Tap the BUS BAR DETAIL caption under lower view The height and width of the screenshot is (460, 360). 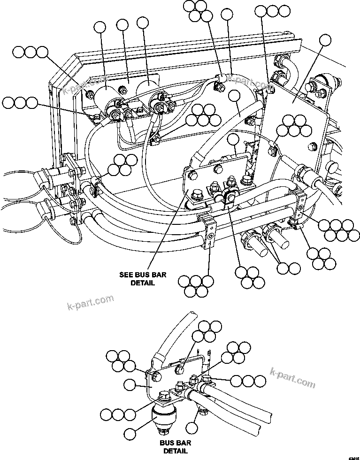[x=176, y=446]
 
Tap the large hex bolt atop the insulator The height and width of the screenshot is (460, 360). [x=165, y=397]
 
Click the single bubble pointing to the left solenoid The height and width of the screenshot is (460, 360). [x=101, y=29]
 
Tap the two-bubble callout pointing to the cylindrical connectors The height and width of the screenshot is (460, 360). [x=288, y=268]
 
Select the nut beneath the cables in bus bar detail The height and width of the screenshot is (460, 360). [x=203, y=412]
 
